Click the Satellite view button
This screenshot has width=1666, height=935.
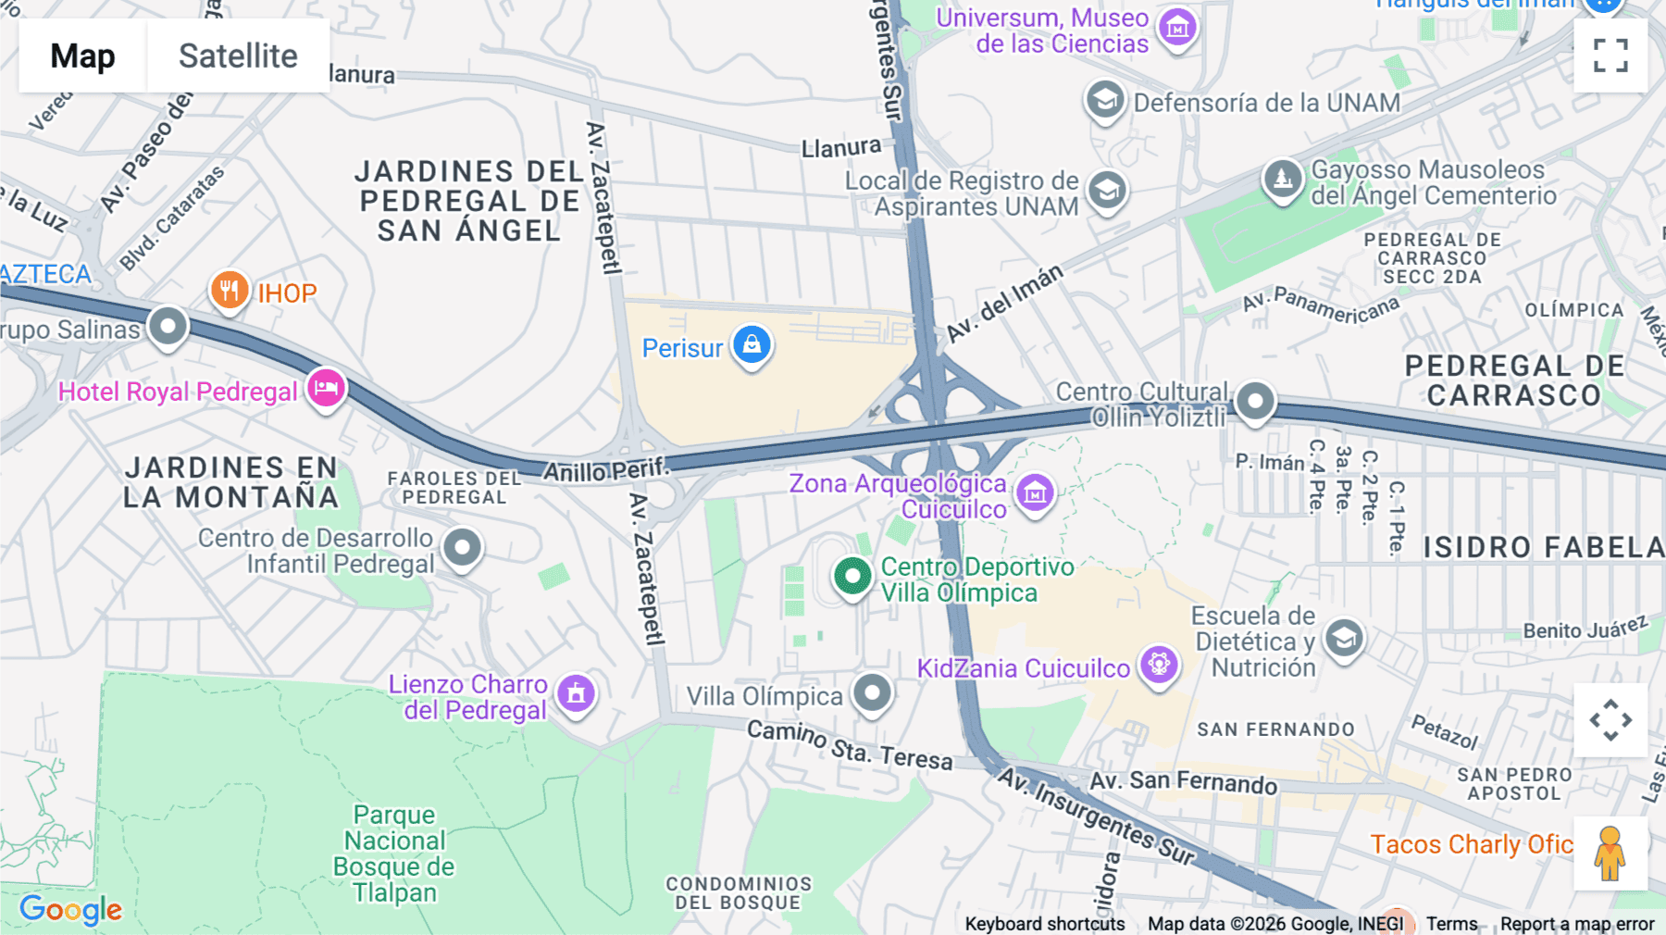click(238, 56)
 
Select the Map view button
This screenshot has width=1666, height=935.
click(82, 56)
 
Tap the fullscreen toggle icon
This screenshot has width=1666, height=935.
click(1610, 56)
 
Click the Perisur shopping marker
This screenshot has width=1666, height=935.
click(752, 345)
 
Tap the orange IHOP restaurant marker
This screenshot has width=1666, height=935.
click(229, 291)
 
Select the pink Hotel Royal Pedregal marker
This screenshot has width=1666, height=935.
click(326, 388)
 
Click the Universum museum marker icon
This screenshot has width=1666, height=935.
click(1177, 29)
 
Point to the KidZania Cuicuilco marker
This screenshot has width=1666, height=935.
click(1159, 665)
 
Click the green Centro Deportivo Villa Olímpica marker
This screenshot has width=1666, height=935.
click(852, 577)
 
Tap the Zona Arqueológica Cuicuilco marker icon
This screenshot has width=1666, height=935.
click(1035, 493)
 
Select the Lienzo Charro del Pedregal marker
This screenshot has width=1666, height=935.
click(576, 692)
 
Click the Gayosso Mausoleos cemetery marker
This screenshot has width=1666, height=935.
click(1283, 178)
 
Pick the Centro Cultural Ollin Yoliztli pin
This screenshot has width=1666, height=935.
click(1255, 402)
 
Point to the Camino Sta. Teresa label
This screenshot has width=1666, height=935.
click(850, 746)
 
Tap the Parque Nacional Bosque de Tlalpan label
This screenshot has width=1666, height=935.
click(394, 854)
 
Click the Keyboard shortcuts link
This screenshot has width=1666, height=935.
click(1044, 924)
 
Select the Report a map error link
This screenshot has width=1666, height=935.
click(1576, 924)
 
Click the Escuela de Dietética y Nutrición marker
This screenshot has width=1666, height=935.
click(1344, 638)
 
